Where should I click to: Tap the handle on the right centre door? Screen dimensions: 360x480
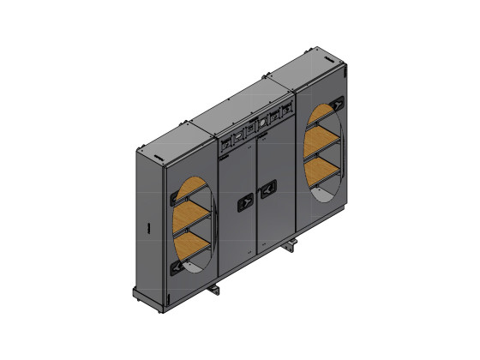point(268,185)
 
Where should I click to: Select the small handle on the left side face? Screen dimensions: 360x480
point(147,229)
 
